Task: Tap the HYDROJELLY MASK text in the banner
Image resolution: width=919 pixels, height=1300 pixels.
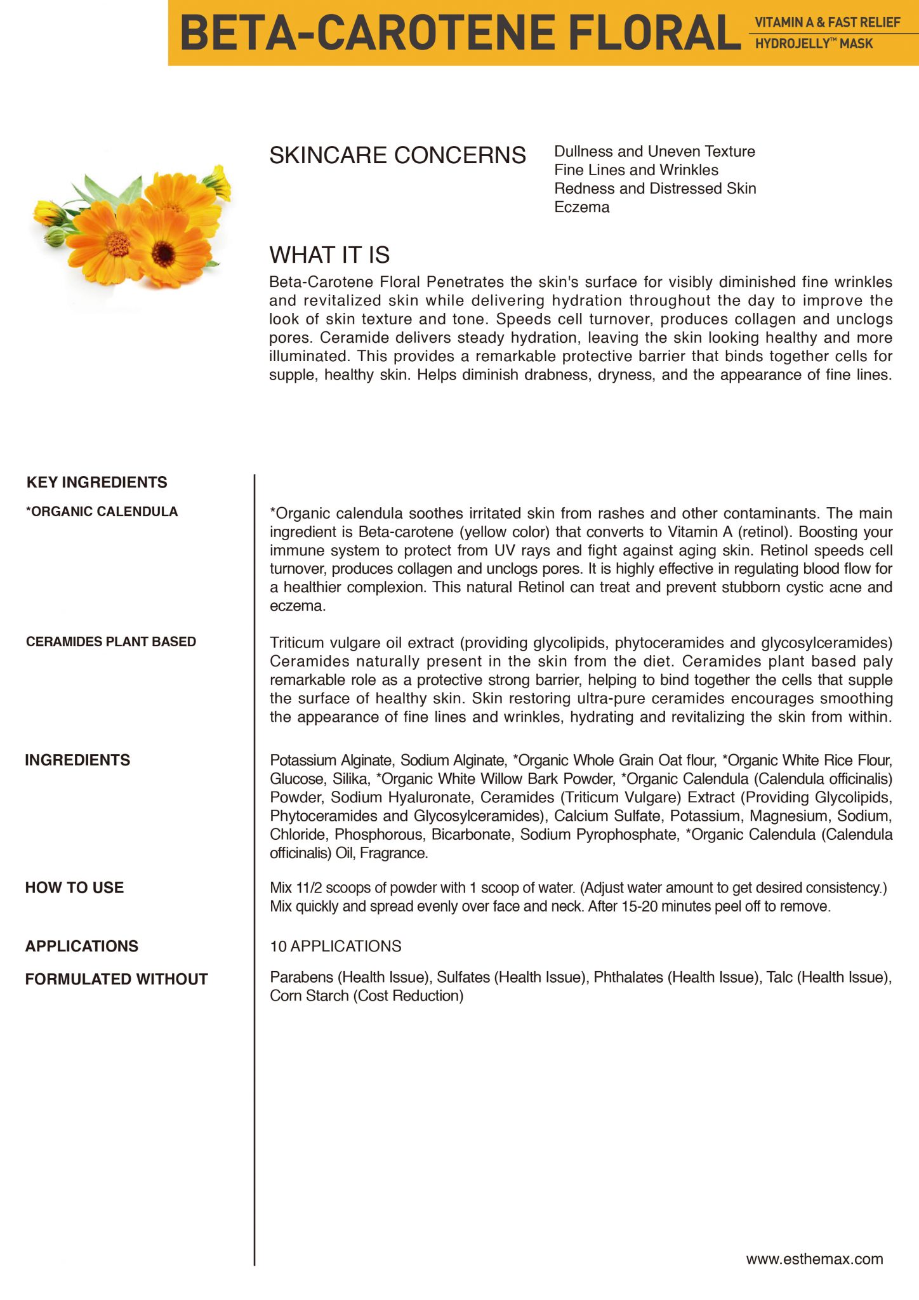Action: click(814, 44)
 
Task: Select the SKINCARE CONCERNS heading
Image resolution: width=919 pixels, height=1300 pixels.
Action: click(397, 156)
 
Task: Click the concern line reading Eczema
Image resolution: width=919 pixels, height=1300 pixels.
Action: click(581, 207)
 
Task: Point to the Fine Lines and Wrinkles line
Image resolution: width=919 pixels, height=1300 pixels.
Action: click(636, 170)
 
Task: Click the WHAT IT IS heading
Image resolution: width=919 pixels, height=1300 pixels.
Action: click(329, 255)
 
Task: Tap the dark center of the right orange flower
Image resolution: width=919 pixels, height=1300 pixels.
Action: click(164, 253)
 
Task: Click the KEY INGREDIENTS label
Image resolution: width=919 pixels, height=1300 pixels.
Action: click(96, 482)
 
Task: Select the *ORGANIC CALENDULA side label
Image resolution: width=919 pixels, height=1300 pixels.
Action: click(102, 512)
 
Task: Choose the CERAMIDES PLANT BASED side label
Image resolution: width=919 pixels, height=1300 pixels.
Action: click(111, 642)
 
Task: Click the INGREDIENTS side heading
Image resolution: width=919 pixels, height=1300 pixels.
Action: click(77, 760)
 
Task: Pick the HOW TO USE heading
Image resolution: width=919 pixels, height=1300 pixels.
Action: click(74, 887)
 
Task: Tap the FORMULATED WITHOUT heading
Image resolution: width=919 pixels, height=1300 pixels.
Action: click(116, 979)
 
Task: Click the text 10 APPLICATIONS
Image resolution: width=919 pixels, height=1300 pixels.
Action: click(335, 946)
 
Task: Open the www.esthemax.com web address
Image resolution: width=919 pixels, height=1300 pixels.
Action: click(814, 1259)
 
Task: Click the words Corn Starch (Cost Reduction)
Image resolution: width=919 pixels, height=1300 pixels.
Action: click(366, 995)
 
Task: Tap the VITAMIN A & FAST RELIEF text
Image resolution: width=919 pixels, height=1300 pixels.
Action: click(827, 23)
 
